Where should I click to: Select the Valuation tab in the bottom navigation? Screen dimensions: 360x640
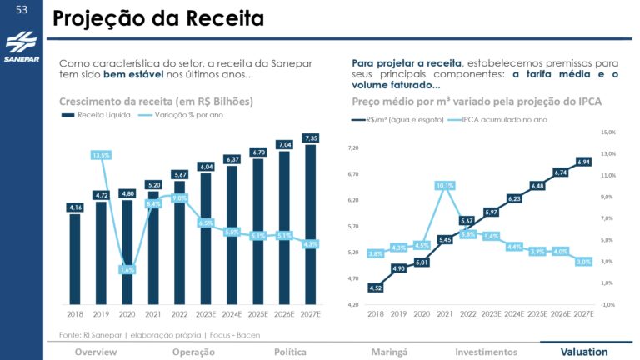click(x=583, y=352)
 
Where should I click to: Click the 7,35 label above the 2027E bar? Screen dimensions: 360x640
click(x=311, y=137)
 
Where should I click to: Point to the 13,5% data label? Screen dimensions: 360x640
click(x=101, y=155)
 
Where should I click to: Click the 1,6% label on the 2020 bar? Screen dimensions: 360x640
click(x=127, y=269)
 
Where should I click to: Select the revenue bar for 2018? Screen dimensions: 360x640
click(x=75, y=258)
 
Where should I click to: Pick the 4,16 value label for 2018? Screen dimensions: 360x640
click(x=75, y=207)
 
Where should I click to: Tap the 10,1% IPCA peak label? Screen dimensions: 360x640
click(x=445, y=185)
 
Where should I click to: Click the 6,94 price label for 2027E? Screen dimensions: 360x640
click(x=583, y=162)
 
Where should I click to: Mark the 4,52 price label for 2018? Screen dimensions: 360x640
click(x=376, y=287)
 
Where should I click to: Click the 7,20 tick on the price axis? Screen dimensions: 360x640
click(x=352, y=147)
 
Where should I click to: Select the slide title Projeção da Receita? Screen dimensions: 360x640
click(x=157, y=17)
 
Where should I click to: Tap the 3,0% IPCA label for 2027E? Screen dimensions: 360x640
click(x=583, y=261)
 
